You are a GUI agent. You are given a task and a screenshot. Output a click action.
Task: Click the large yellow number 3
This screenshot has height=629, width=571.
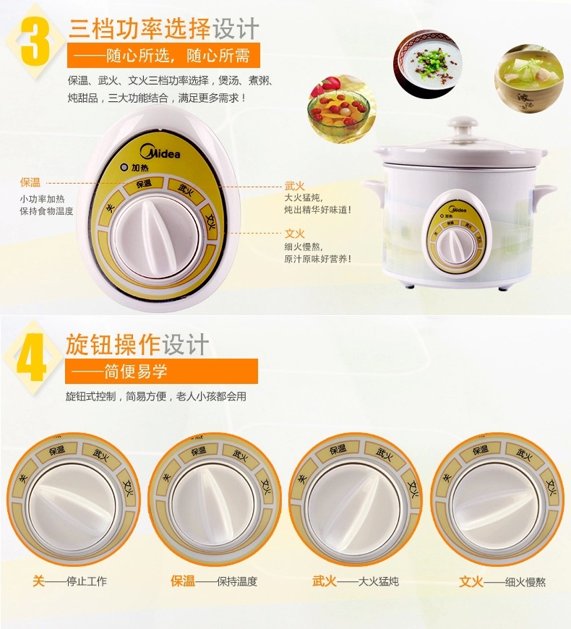tap(35, 41)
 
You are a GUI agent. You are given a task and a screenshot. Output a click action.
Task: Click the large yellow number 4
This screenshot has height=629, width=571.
tap(31, 357)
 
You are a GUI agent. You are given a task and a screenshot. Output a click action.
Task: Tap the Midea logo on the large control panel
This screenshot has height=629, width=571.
tap(160, 152)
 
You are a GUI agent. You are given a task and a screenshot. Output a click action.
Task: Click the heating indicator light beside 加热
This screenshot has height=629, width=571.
tap(125, 167)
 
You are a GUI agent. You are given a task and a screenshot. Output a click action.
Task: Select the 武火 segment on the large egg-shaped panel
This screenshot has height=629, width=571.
tap(185, 188)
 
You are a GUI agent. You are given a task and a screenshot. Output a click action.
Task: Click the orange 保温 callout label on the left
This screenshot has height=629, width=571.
tap(30, 182)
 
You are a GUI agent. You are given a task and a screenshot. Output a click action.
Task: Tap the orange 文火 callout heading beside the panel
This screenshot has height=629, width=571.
tap(295, 233)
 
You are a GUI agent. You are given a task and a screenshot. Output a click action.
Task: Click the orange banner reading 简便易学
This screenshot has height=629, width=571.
tap(162, 371)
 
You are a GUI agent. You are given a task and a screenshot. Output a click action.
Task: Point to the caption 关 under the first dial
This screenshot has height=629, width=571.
tap(38, 581)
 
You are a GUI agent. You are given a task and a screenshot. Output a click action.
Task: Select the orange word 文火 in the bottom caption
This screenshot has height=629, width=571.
tap(471, 581)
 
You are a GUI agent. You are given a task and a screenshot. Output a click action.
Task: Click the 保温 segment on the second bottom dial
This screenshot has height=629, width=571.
tap(199, 452)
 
